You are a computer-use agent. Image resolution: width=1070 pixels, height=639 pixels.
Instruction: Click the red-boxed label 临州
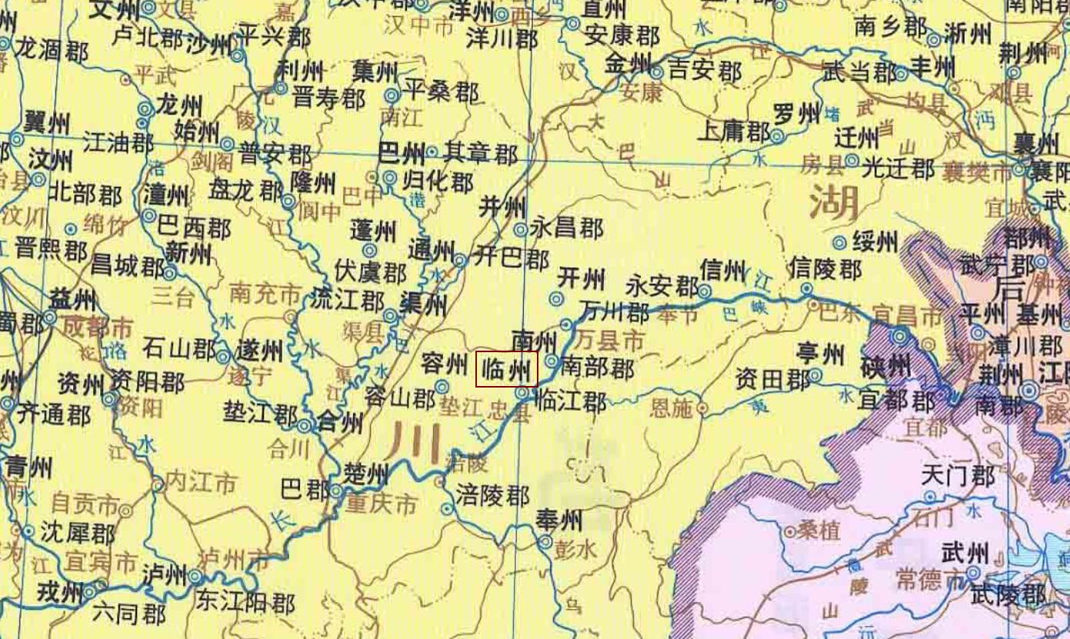point(506,370)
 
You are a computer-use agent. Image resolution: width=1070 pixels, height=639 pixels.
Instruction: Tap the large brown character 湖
point(834,204)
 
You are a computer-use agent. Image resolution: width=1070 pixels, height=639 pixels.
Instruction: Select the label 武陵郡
point(1008,594)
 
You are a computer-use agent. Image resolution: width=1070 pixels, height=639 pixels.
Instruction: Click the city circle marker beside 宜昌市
point(900,336)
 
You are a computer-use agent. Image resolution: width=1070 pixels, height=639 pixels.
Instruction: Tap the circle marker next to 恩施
point(702,408)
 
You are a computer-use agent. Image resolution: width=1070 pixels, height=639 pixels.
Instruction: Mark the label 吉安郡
point(705,72)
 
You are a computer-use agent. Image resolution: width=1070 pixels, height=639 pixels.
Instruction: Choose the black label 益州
point(72,298)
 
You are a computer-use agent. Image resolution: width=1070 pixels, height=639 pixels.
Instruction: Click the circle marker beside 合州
point(305,424)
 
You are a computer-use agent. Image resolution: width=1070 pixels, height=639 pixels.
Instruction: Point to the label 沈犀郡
point(78,532)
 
